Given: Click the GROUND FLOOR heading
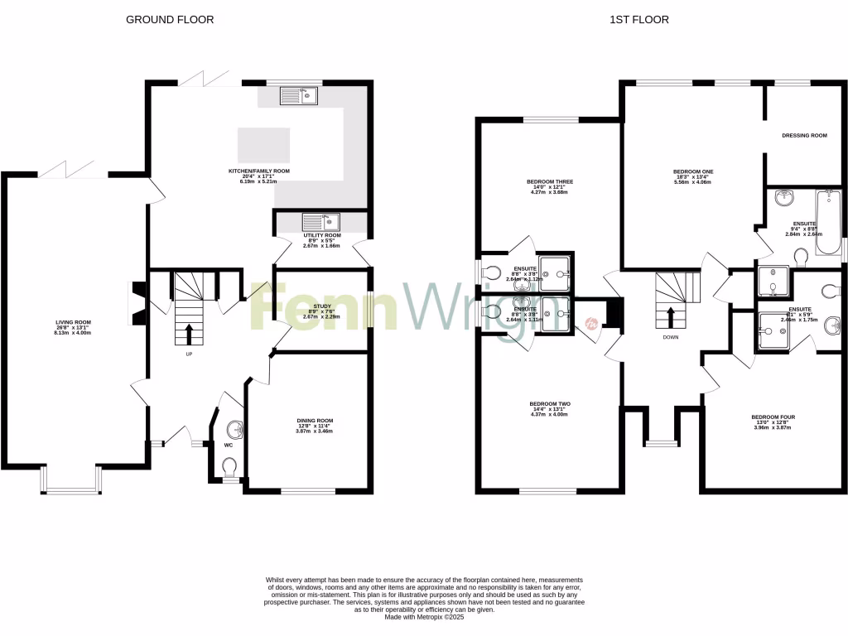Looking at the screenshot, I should coord(169,19).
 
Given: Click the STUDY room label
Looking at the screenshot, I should coord(321,306).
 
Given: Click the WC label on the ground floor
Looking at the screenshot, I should coord(229,445).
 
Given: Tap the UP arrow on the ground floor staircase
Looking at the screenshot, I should coord(189,334).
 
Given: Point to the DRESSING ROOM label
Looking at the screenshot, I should coord(804,135).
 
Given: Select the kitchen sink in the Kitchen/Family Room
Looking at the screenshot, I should coord(298,97).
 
